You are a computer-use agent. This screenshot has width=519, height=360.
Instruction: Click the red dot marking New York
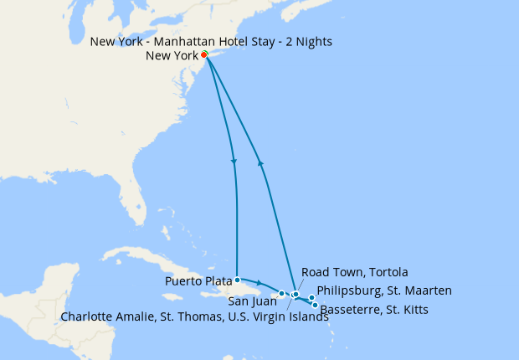[204, 55]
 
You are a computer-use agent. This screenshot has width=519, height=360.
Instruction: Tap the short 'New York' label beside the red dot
[172, 56]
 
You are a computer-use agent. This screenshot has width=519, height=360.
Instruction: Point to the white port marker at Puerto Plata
[238, 280]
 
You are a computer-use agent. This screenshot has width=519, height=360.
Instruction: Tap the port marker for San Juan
[282, 293]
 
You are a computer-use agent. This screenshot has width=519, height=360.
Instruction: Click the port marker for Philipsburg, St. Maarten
[311, 298]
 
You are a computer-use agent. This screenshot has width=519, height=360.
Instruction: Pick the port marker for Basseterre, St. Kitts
[315, 305]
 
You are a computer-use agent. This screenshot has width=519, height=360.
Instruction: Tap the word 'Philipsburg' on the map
[350, 291]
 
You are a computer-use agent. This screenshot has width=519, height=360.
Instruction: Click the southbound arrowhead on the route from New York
[234, 161]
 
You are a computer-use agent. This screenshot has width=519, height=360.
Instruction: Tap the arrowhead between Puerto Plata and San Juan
[259, 283]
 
